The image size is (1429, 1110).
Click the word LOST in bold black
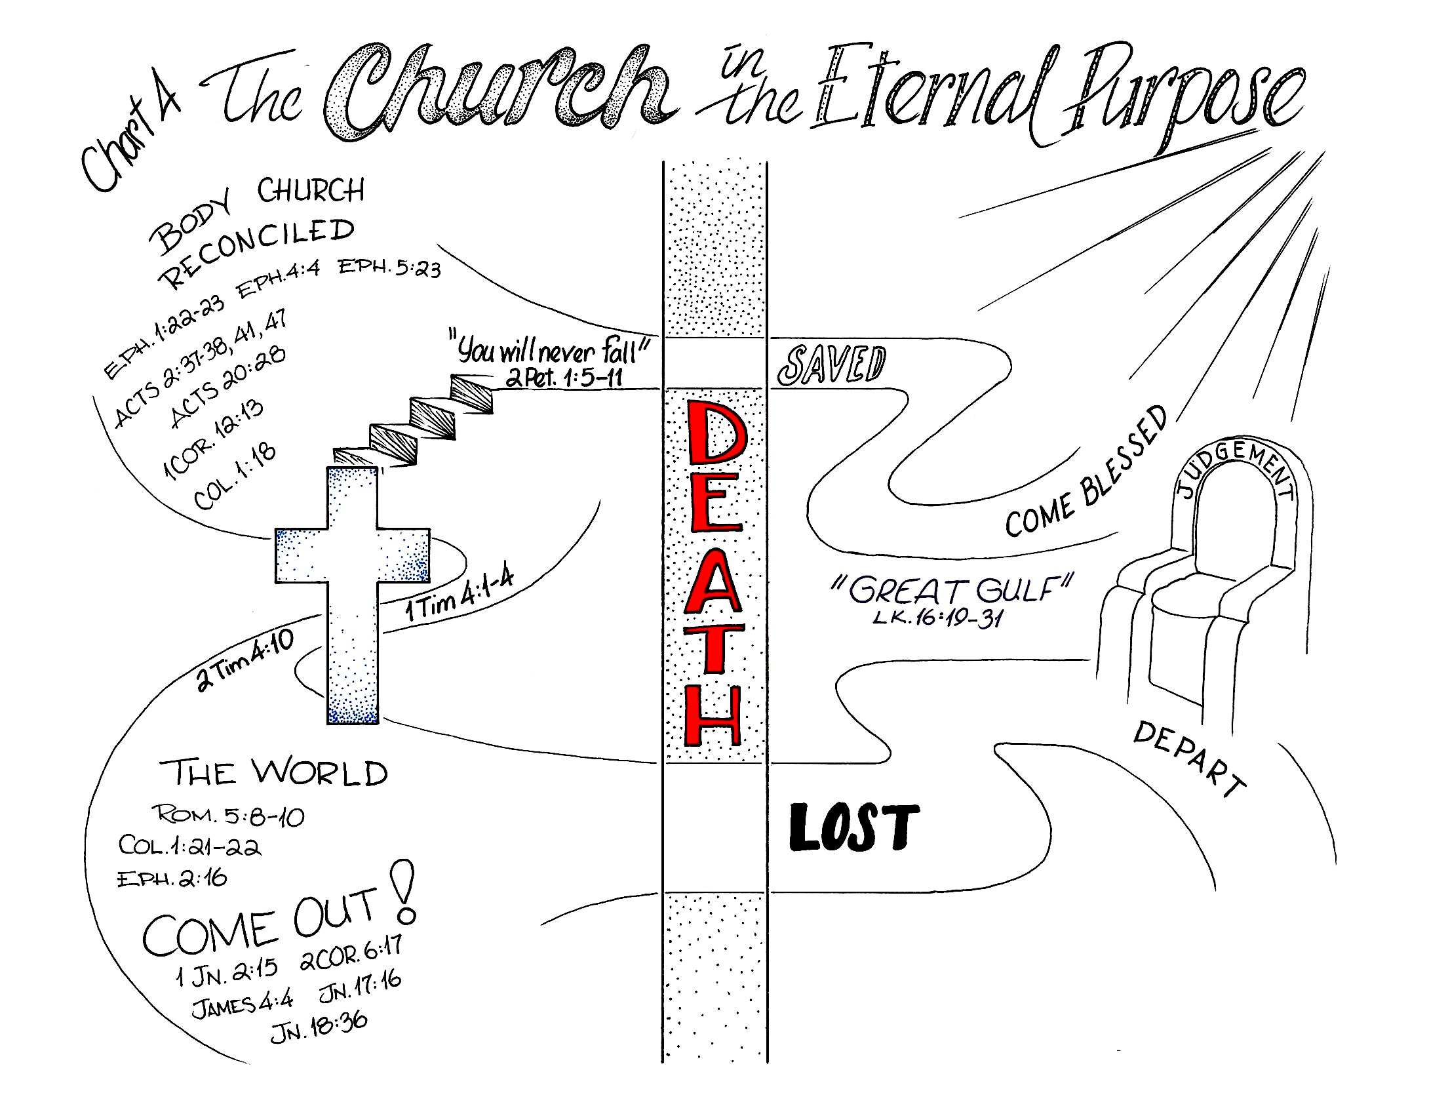click(x=853, y=828)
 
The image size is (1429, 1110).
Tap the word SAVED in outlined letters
click(x=831, y=366)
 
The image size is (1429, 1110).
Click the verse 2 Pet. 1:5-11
click(x=563, y=378)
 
